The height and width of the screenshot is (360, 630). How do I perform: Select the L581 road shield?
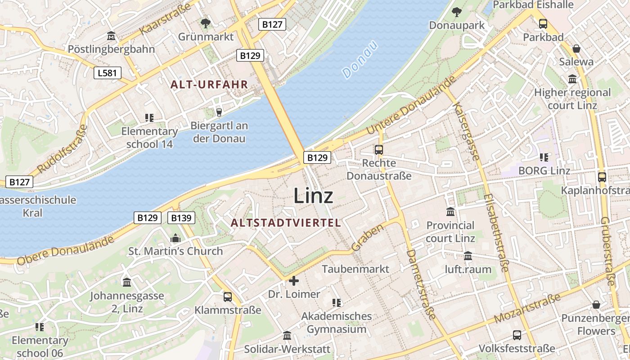[x=108, y=72]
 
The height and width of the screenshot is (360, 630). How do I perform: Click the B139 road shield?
[x=181, y=218]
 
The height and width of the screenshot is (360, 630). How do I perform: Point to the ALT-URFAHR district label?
[x=209, y=84]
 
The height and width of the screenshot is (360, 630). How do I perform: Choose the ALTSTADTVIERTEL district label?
[x=286, y=223]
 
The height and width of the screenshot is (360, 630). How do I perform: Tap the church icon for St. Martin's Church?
[x=175, y=238]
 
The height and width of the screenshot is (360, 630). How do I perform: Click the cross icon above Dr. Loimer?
[x=294, y=281]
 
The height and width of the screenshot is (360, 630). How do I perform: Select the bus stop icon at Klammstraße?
[x=228, y=297]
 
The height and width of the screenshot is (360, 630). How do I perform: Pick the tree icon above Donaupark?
[x=457, y=12]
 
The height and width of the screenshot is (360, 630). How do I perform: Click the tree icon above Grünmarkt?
[x=206, y=23]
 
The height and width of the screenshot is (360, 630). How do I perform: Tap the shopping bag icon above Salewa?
[x=576, y=49]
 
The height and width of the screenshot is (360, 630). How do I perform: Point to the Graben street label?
[x=368, y=238]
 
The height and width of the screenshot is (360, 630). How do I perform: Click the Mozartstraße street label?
[x=527, y=308]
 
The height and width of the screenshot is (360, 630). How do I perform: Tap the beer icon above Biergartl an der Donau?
[x=219, y=112]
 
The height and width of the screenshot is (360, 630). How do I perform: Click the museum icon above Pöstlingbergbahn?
[x=111, y=36]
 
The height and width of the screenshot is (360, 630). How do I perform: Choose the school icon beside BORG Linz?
[x=544, y=157]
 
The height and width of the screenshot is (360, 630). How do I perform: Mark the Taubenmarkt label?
[x=355, y=269]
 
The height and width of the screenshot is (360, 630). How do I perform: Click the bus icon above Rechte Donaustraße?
[x=379, y=150]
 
